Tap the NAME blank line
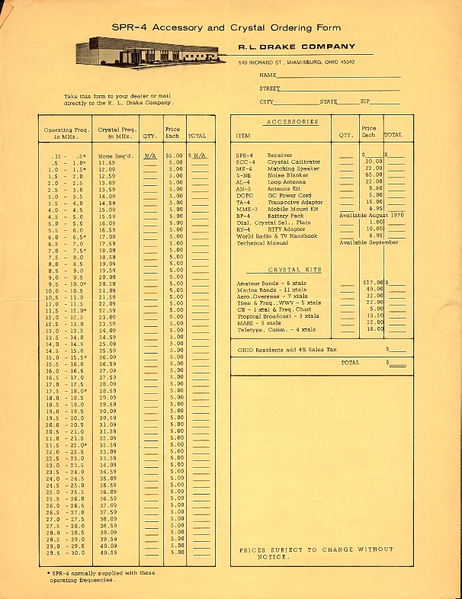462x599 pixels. (x=338, y=76)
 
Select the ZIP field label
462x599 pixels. (x=365, y=101)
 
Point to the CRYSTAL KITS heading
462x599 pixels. (x=294, y=270)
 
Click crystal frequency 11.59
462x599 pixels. (x=107, y=163)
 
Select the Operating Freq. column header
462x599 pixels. (x=67, y=133)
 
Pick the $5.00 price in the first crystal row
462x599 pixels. (x=174, y=156)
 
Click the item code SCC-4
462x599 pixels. (x=246, y=162)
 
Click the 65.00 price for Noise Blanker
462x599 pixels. (x=373, y=175)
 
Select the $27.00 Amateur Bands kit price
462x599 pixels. (x=373, y=283)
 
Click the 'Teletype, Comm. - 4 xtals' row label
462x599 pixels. (x=276, y=329)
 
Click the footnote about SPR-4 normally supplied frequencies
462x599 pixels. (x=98, y=576)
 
